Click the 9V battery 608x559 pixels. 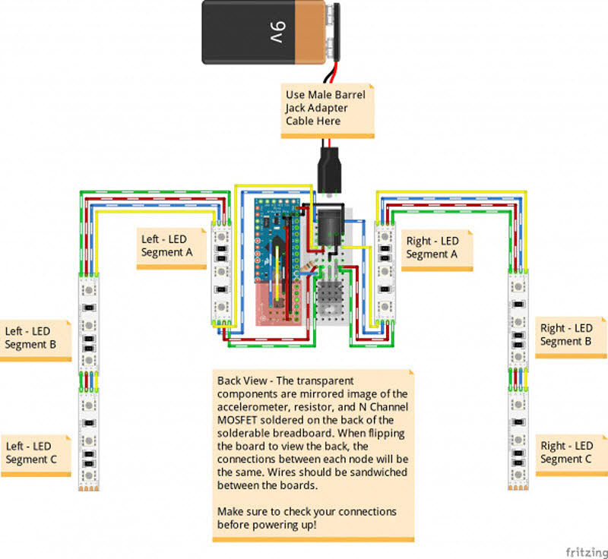tap(270, 32)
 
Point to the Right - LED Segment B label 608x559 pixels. tap(566, 335)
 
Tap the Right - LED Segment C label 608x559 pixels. tap(566, 453)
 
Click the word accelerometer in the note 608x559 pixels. tap(252, 406)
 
